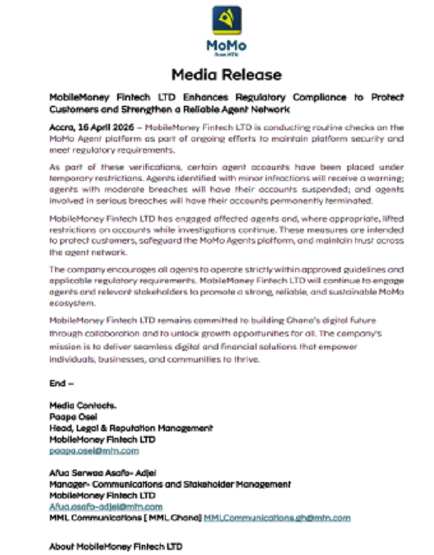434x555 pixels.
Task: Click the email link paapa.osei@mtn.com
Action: pos(93,451)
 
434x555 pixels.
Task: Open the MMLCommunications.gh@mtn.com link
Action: pos(276,518)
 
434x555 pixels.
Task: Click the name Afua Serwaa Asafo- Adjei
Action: pos(104,473)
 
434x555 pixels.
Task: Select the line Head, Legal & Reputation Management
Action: pos(130,428)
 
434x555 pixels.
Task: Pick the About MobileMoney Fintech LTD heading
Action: pos(116,546)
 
